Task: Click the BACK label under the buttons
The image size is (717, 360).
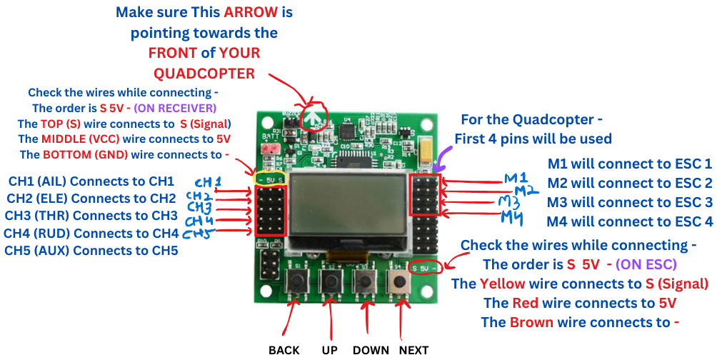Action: (x=284, y=350)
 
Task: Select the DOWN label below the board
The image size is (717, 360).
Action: (x=371, y=350)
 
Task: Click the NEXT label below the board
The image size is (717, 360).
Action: (x=413, y=350)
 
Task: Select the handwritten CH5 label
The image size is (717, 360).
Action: (x=198, y=234)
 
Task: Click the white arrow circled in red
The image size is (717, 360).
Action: (x=312, y=114)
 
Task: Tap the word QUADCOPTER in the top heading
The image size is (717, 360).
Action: (x=204, y=73)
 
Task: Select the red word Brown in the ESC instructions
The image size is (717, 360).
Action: (x=531, y=322)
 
